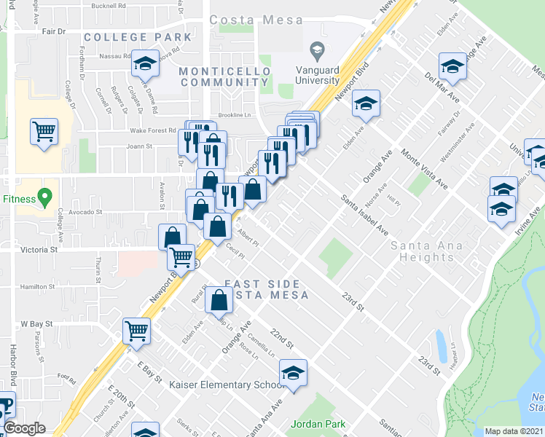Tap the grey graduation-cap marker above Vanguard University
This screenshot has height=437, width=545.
coord(316,50)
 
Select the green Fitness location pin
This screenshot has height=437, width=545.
coord(45,197)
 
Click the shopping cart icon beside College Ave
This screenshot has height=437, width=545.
coord(44,132)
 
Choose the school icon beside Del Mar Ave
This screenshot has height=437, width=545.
coord(452,67)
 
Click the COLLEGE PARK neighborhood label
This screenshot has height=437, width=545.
coord(138,36)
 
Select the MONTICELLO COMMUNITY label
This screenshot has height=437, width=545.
coord(225,76)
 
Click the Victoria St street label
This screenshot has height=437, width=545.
coord(28,249)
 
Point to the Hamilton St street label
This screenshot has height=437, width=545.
coord(38,287)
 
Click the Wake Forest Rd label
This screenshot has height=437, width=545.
coord(152,131)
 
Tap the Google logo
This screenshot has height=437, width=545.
coord(25,428)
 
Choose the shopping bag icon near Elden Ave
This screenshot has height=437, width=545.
coord(219,299)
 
